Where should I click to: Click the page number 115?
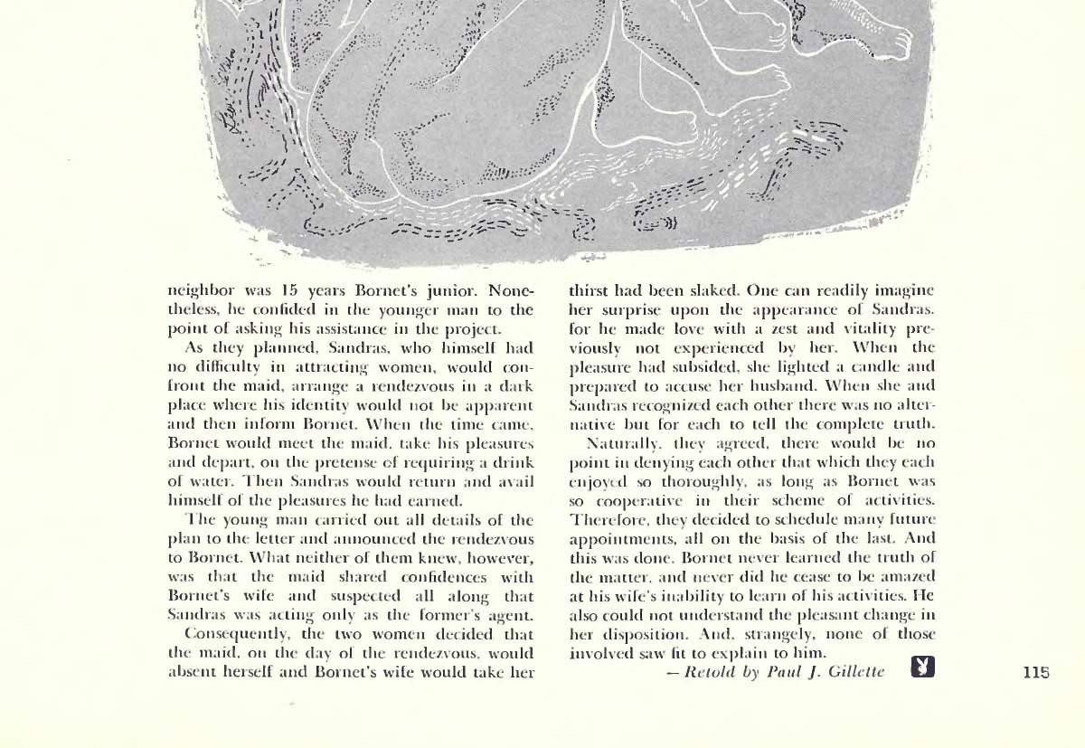coord(1036,672)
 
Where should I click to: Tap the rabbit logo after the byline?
coord(922,668)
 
